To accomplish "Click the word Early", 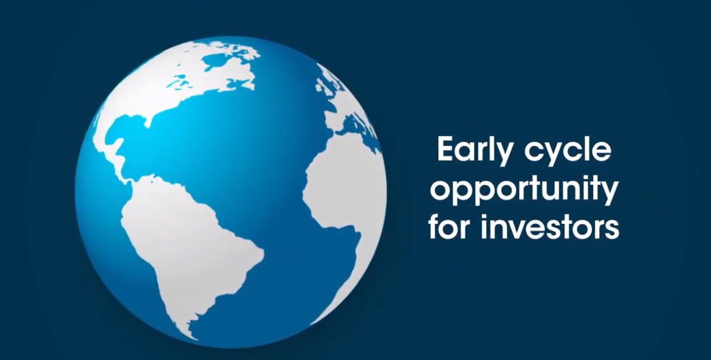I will point(470,151).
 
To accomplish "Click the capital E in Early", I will point(445,151).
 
